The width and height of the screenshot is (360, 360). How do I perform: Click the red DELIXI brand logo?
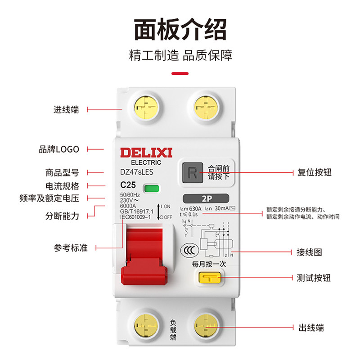[146, 153]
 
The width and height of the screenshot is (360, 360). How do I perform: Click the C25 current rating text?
[129, 185]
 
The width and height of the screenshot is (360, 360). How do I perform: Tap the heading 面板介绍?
[180, 29]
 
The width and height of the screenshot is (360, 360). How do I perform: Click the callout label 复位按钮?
[314, 172]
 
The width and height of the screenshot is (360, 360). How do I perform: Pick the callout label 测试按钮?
[314, 278]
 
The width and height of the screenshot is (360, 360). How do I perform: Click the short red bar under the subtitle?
[180, 73]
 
